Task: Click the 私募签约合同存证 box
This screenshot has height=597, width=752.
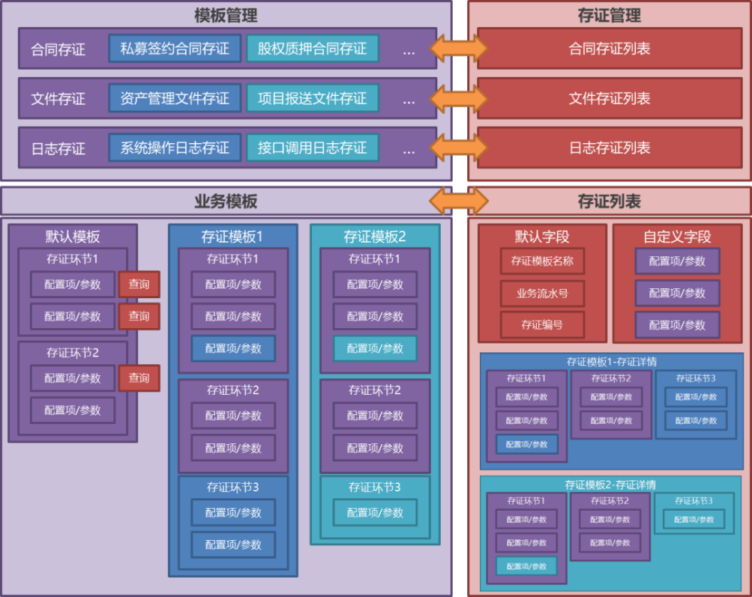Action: pos(175,49)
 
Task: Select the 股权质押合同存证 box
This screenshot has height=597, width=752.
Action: pos(312,49)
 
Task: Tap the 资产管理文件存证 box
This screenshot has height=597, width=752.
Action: pos(175,98)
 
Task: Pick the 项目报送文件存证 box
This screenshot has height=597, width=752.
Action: pos(312,98)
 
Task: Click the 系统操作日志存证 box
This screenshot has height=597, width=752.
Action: pos(175,148)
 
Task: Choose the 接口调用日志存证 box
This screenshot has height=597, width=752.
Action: pos(312,148)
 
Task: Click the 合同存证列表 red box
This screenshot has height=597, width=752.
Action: pos(610,49)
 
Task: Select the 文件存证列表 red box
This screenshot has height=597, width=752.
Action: pos(610,98)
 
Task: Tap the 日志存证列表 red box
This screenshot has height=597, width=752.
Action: pos(610,148)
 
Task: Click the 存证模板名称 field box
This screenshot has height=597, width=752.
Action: pos(542,261)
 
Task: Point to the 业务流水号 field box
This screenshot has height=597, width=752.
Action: pos(542,294)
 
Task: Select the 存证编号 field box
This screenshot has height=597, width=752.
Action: pos(542,325)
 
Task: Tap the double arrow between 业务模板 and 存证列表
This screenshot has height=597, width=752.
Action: pos(458,201)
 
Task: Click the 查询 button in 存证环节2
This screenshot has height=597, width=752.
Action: pos(139,378)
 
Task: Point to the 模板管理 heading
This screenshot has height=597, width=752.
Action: pos(226,14)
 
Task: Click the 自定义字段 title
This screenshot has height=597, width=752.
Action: pos(677,237)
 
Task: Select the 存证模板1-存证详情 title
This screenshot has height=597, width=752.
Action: pos(611,362)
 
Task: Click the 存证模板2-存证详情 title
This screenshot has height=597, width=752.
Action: pos(610,485)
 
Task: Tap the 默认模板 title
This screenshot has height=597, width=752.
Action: pos(73,237)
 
